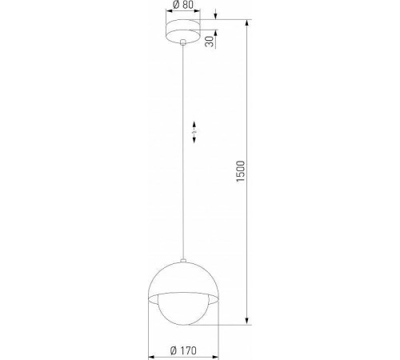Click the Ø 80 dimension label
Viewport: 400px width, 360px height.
pos(183,6)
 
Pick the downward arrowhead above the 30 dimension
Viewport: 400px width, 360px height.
pos(216,15)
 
